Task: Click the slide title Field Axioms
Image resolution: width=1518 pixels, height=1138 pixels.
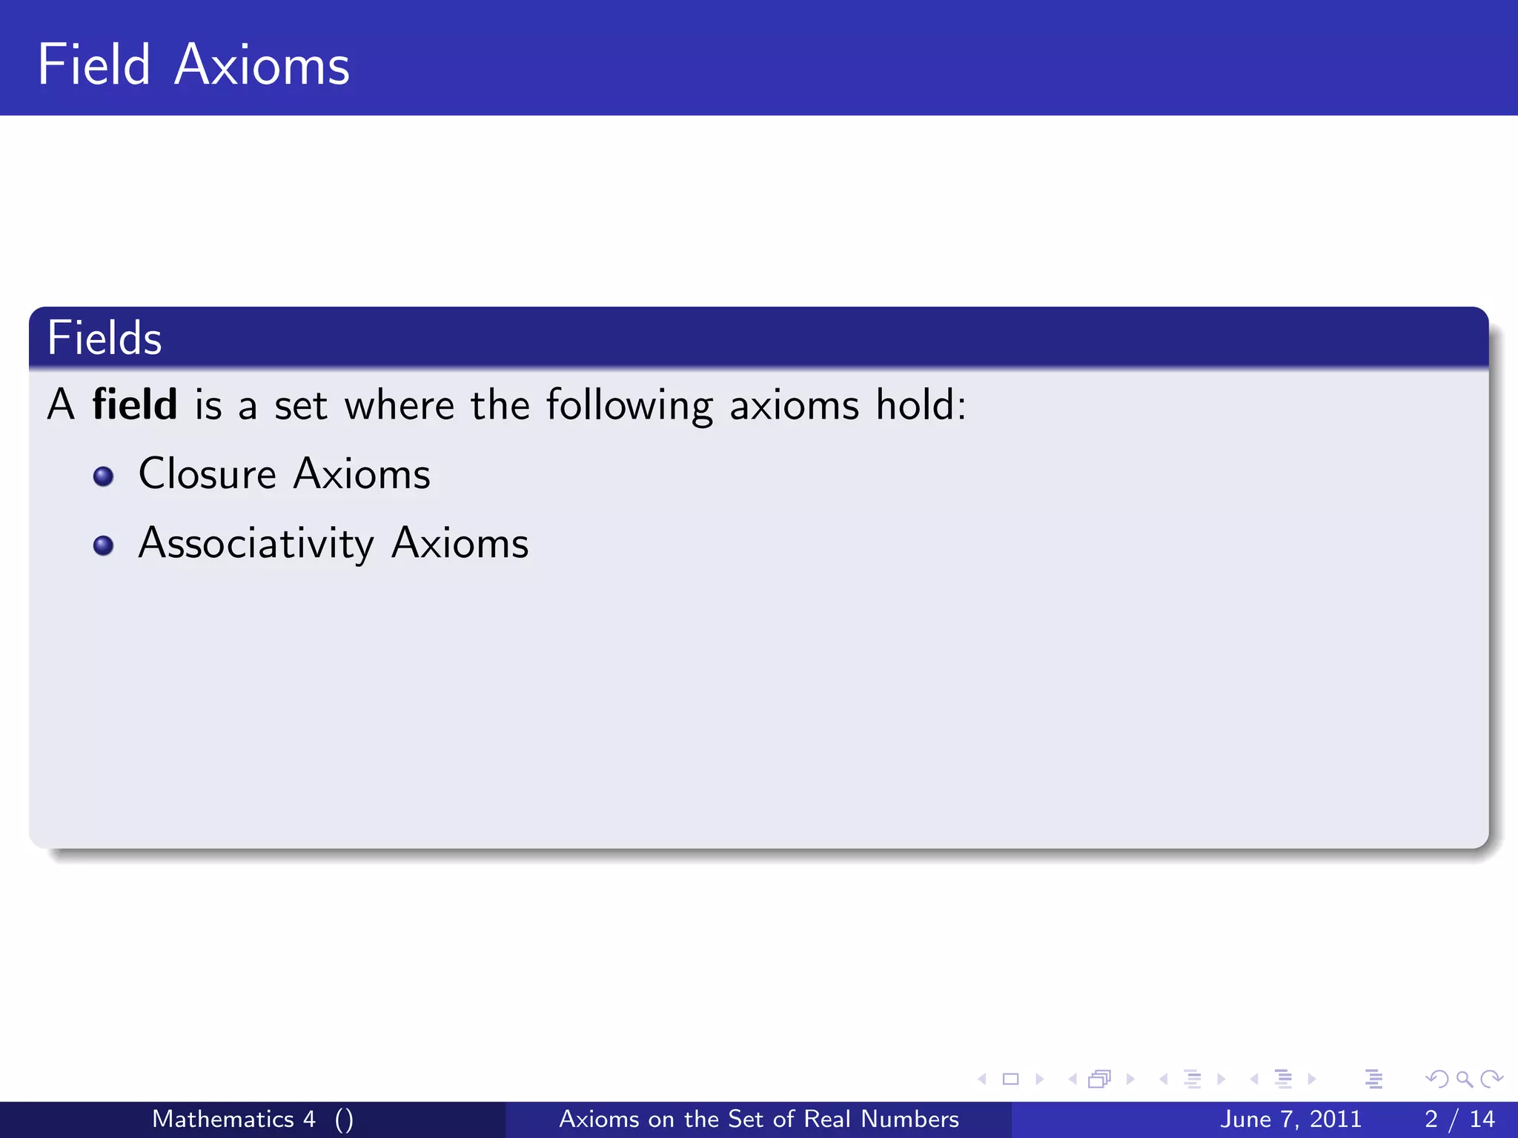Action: point(193,65)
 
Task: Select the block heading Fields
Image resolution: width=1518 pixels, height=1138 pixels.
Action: point(105,339)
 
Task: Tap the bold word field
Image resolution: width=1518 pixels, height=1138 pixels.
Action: point(134,405)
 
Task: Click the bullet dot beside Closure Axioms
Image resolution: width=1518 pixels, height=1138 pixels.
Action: point(104,476)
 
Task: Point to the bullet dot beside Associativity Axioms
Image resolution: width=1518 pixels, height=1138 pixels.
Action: point(104,546)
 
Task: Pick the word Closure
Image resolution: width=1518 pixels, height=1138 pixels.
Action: point(207,474)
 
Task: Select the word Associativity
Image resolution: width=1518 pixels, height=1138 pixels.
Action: point(256,544)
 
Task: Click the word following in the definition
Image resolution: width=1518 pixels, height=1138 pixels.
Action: point(629,406)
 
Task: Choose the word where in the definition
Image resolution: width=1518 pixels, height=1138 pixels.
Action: point(399,405)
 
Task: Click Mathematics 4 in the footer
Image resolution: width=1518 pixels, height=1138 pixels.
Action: point(233,1119)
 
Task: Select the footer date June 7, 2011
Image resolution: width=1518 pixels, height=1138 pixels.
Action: point(1290,1119)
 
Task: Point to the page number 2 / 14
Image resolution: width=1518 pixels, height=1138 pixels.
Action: point(1459,1119)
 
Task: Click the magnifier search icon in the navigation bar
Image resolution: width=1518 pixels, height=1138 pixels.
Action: point(1464,1079)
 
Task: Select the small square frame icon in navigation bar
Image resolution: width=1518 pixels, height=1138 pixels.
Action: point(1010,1079)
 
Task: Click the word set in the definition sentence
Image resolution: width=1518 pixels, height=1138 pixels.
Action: point(300,406)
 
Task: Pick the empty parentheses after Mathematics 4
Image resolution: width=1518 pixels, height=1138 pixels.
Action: point(344,1119)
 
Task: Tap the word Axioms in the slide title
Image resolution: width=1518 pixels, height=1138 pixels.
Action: point(262,65)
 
